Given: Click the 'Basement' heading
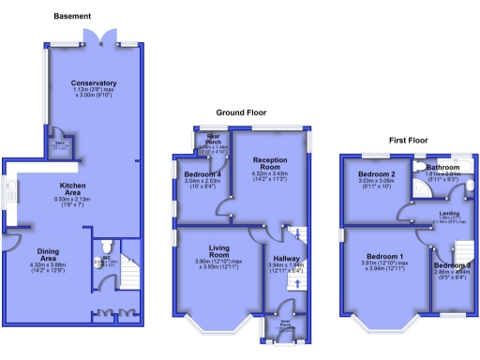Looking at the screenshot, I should point(72,17).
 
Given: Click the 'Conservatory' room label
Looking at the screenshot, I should point(94,83).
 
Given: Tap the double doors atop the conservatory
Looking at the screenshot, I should point(101,37).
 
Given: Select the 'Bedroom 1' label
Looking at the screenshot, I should point(384,257).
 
